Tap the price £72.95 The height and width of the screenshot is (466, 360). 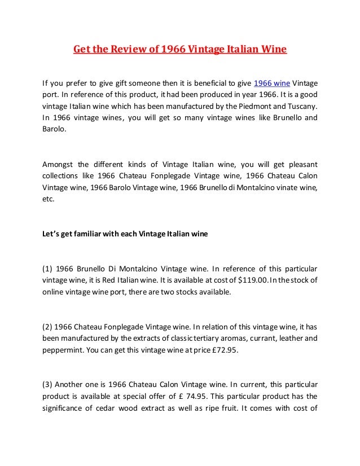point(221,350)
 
